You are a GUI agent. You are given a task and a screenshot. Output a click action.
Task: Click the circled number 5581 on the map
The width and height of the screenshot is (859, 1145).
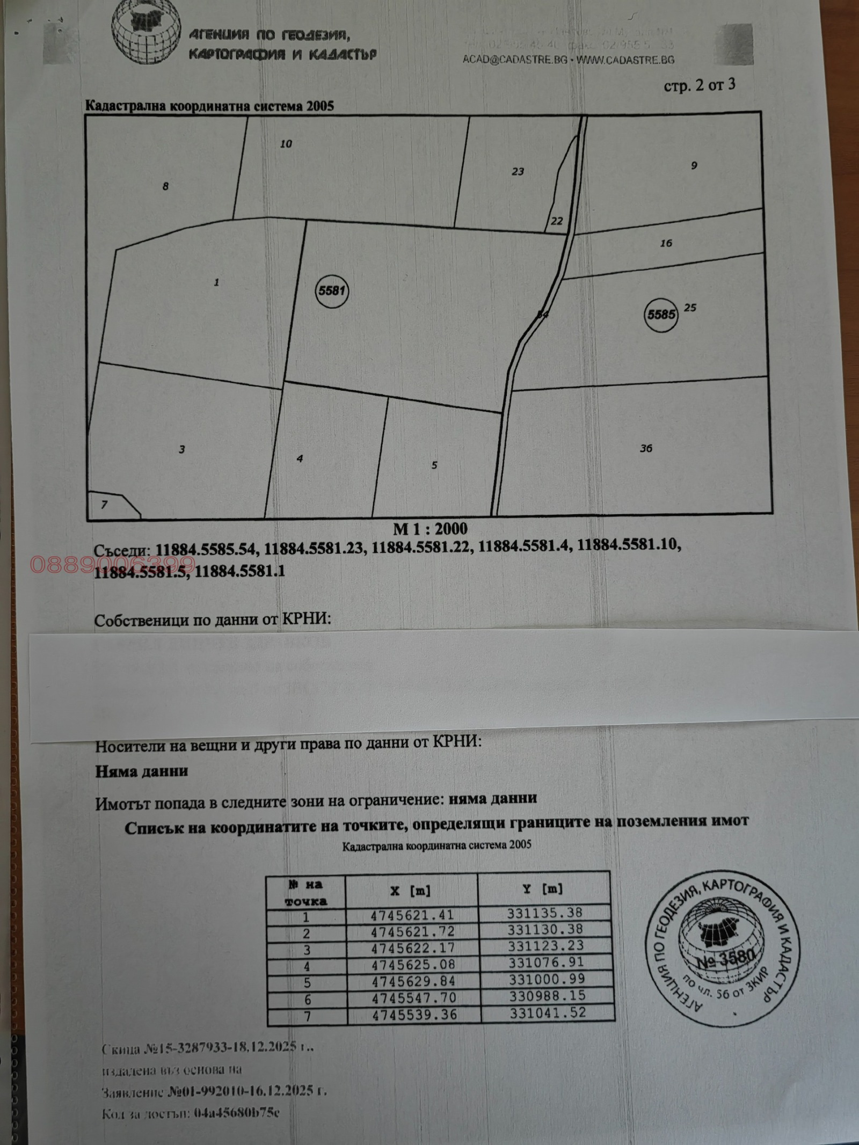[331, 291]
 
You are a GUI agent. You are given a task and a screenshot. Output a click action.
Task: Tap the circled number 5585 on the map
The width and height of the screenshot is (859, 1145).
[660, 315]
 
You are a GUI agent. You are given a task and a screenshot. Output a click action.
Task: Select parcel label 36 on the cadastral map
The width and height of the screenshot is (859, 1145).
[646, 448]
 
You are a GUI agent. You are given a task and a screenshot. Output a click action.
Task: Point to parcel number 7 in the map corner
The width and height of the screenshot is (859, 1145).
[104, 505]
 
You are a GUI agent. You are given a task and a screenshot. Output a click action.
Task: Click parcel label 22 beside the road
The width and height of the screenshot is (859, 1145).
[557, 221]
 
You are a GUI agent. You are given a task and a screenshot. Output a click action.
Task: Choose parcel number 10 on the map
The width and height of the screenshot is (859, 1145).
[286, 144]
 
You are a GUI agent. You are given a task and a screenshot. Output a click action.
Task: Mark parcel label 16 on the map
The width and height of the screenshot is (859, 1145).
[666, 243]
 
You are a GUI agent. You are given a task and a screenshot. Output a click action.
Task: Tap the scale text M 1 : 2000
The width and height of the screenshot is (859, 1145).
[430, 529]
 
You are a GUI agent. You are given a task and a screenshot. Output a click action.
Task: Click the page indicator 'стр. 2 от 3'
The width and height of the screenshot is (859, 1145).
[699, 86]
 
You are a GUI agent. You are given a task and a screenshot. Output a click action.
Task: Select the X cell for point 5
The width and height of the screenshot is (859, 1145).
[413, 981]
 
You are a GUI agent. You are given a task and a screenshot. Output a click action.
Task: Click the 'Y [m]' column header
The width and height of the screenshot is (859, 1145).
[543, 889]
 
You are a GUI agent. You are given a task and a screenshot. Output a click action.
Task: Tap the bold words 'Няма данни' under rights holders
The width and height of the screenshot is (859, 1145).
[142, 771]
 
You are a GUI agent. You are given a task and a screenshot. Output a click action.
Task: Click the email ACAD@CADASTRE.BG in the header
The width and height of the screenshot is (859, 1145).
[515, 60]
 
